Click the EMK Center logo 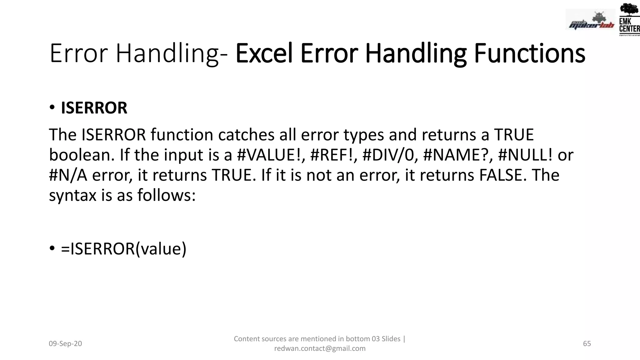[x=629, y=19]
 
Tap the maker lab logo [x=590, y=20]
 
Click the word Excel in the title [x=264, y=53]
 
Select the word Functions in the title [x=529, y=53]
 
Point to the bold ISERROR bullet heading [x=94, y=108]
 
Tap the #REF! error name [x=333, y=155]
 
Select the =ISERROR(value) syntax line [x=123, y=249]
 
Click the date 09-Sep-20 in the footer [x=65, y=344]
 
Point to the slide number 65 [x=587, y=344]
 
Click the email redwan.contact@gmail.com [x=320, y=348]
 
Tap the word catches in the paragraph [x=247, y=135]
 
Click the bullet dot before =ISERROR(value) [x=52, y=249]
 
